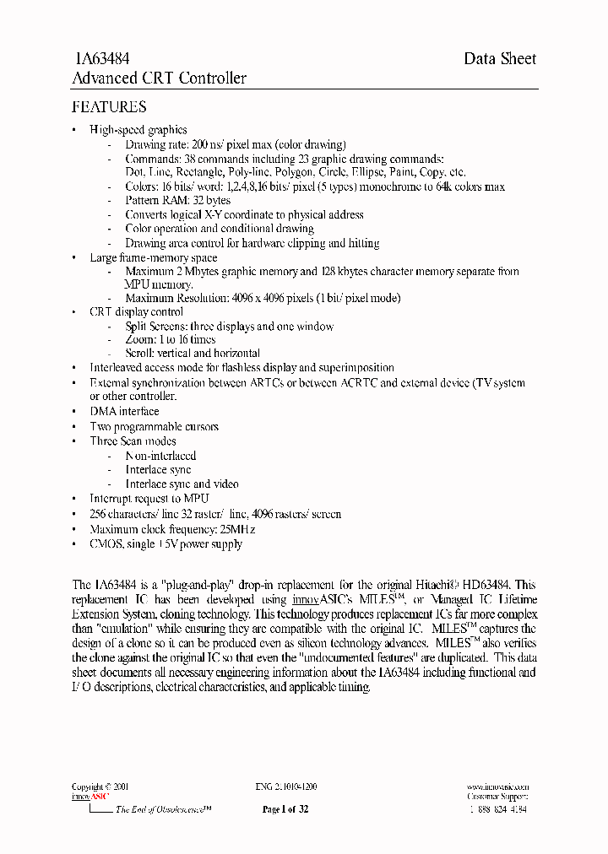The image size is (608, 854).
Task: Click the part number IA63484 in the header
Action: coord(102,58)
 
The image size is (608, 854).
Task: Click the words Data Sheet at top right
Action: coord(500,58)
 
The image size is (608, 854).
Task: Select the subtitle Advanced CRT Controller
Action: coord(160,78)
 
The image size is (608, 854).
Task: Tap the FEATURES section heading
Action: coord(109,107)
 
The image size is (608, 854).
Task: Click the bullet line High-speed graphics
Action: coord(138,130)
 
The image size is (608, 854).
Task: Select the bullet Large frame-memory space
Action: coord(153,258)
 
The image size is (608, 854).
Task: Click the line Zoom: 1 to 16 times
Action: coord(170,339)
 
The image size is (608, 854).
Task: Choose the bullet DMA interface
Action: coord(124,412)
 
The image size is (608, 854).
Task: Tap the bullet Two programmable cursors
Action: coord(154,427)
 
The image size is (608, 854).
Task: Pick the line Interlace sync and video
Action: coord(182,484)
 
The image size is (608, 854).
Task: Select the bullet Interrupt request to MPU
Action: coord(149,499)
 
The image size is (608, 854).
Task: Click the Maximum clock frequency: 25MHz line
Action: coord(172,529)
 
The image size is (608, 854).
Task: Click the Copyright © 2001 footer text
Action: coord(100,786)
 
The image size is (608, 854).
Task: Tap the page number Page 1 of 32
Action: coord(285,809)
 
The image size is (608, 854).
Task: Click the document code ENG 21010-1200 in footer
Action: coord(286,786)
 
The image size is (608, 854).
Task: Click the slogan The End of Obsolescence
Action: coord(163,809)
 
